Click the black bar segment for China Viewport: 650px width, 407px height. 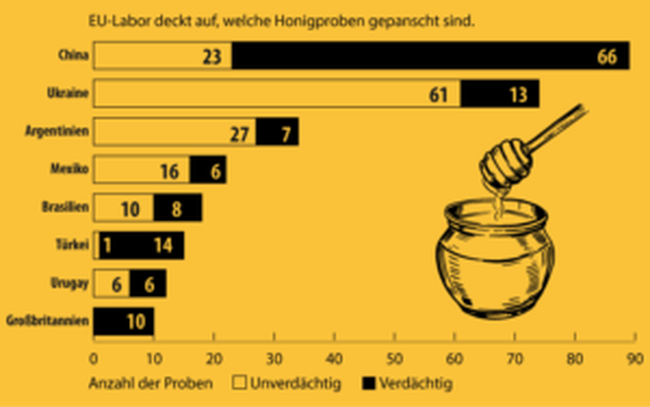[x=430, y=55]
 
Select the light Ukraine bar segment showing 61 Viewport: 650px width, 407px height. [x=277, y=93]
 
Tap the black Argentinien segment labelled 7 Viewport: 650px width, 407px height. [x=277, y=132]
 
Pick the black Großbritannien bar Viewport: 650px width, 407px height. [x=123, y=321]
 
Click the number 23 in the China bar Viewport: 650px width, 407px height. [x=212, y=57]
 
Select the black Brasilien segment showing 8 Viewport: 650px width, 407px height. [x=178, y=208]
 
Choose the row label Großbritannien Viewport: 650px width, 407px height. [x=47, y=321]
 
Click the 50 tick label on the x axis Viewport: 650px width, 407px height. [x=395, y=359]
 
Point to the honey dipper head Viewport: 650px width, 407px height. [x=505, y=163]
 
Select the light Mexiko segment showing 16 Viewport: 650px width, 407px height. [x=142, y=170]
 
